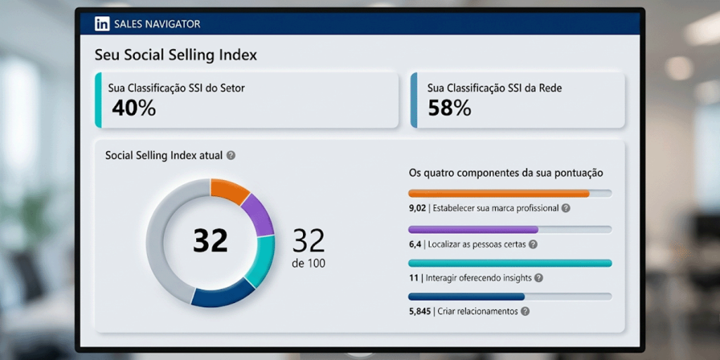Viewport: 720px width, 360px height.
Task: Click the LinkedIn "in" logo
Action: coord(102,25)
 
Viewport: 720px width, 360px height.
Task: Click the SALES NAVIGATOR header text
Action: coord(157,25)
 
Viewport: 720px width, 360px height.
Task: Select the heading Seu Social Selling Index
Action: coord(176,55)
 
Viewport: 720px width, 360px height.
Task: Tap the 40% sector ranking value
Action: coord(134,108)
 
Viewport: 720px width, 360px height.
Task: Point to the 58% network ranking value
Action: coord(449,108)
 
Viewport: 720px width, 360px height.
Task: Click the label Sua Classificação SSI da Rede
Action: coord(494,88)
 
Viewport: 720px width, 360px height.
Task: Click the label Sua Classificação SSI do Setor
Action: coord(176,88)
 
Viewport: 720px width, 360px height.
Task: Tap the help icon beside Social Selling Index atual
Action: coord(231,155)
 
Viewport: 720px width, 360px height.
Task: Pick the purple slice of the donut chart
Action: coord(259,214)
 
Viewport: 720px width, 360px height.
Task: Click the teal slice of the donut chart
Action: coord(261,260)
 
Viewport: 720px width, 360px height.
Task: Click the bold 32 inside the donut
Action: coord(210,240)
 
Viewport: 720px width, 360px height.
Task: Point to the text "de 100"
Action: coord(308,264)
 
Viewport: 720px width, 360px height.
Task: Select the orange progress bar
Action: coord(499,193)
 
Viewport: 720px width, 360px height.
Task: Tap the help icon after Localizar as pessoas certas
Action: coord(532,244)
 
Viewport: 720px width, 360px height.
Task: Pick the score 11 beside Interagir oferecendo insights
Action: coord(414,278)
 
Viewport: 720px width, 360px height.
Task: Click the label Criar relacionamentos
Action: coord(477,311)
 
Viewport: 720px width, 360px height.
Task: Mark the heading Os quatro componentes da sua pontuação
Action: coord(506,172)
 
